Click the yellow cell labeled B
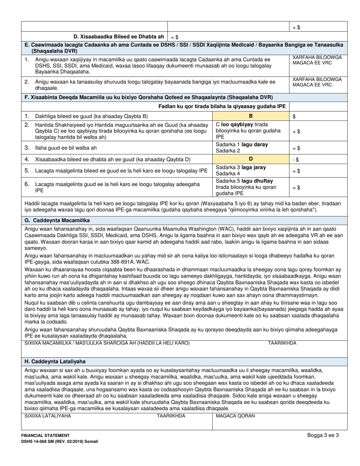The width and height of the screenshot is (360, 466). click(250, 116)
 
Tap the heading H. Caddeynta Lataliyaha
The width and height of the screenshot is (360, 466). click(55, 361)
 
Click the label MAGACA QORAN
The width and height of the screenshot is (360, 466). click(235, 416)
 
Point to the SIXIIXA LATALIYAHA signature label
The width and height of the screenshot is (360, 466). click(48, 416)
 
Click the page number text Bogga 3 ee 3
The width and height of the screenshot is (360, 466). click(323, 435)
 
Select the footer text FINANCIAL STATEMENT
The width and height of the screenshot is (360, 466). click(45, 436)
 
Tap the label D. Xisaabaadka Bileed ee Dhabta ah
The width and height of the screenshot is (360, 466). click(119, 37)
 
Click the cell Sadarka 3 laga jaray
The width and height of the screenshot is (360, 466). click(241, 167)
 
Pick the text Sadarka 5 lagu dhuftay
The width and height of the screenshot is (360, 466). click(244, 181)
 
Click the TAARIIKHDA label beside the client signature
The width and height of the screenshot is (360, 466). click(282, 343)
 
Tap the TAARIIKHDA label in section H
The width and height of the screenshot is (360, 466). click(171, 416)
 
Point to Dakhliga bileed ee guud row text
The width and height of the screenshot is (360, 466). click(91, 116)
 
